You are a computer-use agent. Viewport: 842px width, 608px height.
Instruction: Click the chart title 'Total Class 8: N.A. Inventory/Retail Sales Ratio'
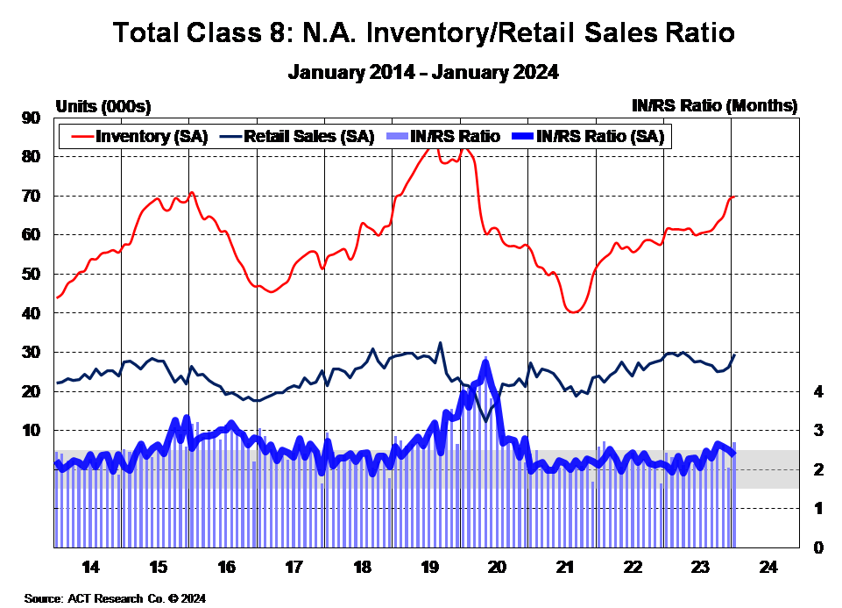423,33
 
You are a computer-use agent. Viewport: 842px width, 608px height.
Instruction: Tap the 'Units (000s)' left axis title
103,106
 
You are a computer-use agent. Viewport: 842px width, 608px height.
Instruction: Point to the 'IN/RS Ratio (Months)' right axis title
714,106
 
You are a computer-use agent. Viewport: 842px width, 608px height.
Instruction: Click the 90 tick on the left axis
33,118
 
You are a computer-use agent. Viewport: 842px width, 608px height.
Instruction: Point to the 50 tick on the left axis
33,274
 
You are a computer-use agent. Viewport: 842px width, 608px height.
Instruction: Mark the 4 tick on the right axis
817,391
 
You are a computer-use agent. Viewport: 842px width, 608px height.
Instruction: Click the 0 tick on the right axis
817,547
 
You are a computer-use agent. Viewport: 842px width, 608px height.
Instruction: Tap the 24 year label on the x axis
766,566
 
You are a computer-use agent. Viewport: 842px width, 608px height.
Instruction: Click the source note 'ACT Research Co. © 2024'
115,598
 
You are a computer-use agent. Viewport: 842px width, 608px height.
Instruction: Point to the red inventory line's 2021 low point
574,311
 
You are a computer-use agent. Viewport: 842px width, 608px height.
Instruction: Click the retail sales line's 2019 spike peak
440,343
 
